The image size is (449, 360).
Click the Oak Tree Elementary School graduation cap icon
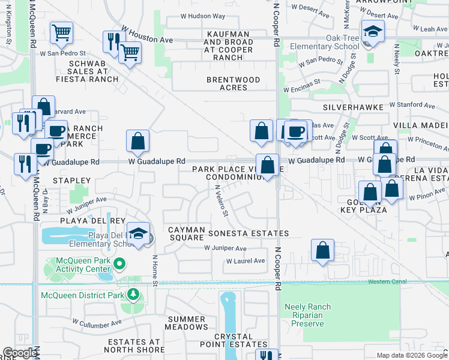(373, 33)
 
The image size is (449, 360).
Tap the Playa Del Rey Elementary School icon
(138, 234)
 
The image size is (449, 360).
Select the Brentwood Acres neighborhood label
(234, 83)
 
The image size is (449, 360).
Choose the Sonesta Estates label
(249, 233)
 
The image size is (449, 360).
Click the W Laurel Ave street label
(245, 261)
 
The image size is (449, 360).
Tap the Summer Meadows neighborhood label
(187, 323)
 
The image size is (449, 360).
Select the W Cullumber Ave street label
(95, 325)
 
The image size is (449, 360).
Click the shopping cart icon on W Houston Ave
(130, 53)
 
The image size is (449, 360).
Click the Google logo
(20, 353)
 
